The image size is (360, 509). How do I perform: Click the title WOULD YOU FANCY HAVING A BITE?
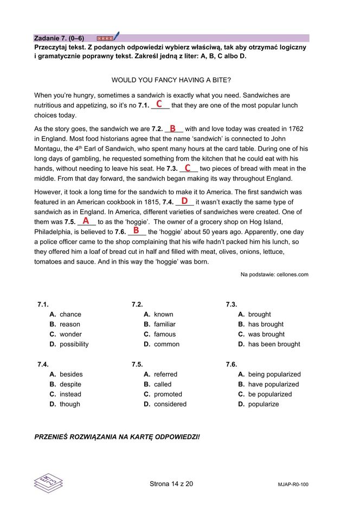click(171, 80)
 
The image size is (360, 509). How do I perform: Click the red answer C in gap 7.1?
click(159, 104)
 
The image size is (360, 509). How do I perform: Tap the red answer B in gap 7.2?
click(172, 129)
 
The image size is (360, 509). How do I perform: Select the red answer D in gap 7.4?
click(184, 201)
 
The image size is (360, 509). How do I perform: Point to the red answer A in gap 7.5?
click(86, 221)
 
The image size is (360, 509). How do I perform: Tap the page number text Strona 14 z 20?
click(171, 483)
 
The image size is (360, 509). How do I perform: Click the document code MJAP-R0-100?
click(293, 485)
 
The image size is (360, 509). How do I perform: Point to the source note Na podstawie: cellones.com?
click(274, 275)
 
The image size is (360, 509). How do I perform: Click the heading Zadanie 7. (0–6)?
click(59, 39)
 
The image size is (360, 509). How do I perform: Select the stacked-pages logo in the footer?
click(48, 480)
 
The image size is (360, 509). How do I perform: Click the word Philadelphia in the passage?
click(53, 232)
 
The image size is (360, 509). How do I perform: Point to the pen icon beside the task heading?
click(116, 37)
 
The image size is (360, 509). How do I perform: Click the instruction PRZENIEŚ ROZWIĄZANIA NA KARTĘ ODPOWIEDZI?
click(117, 436)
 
